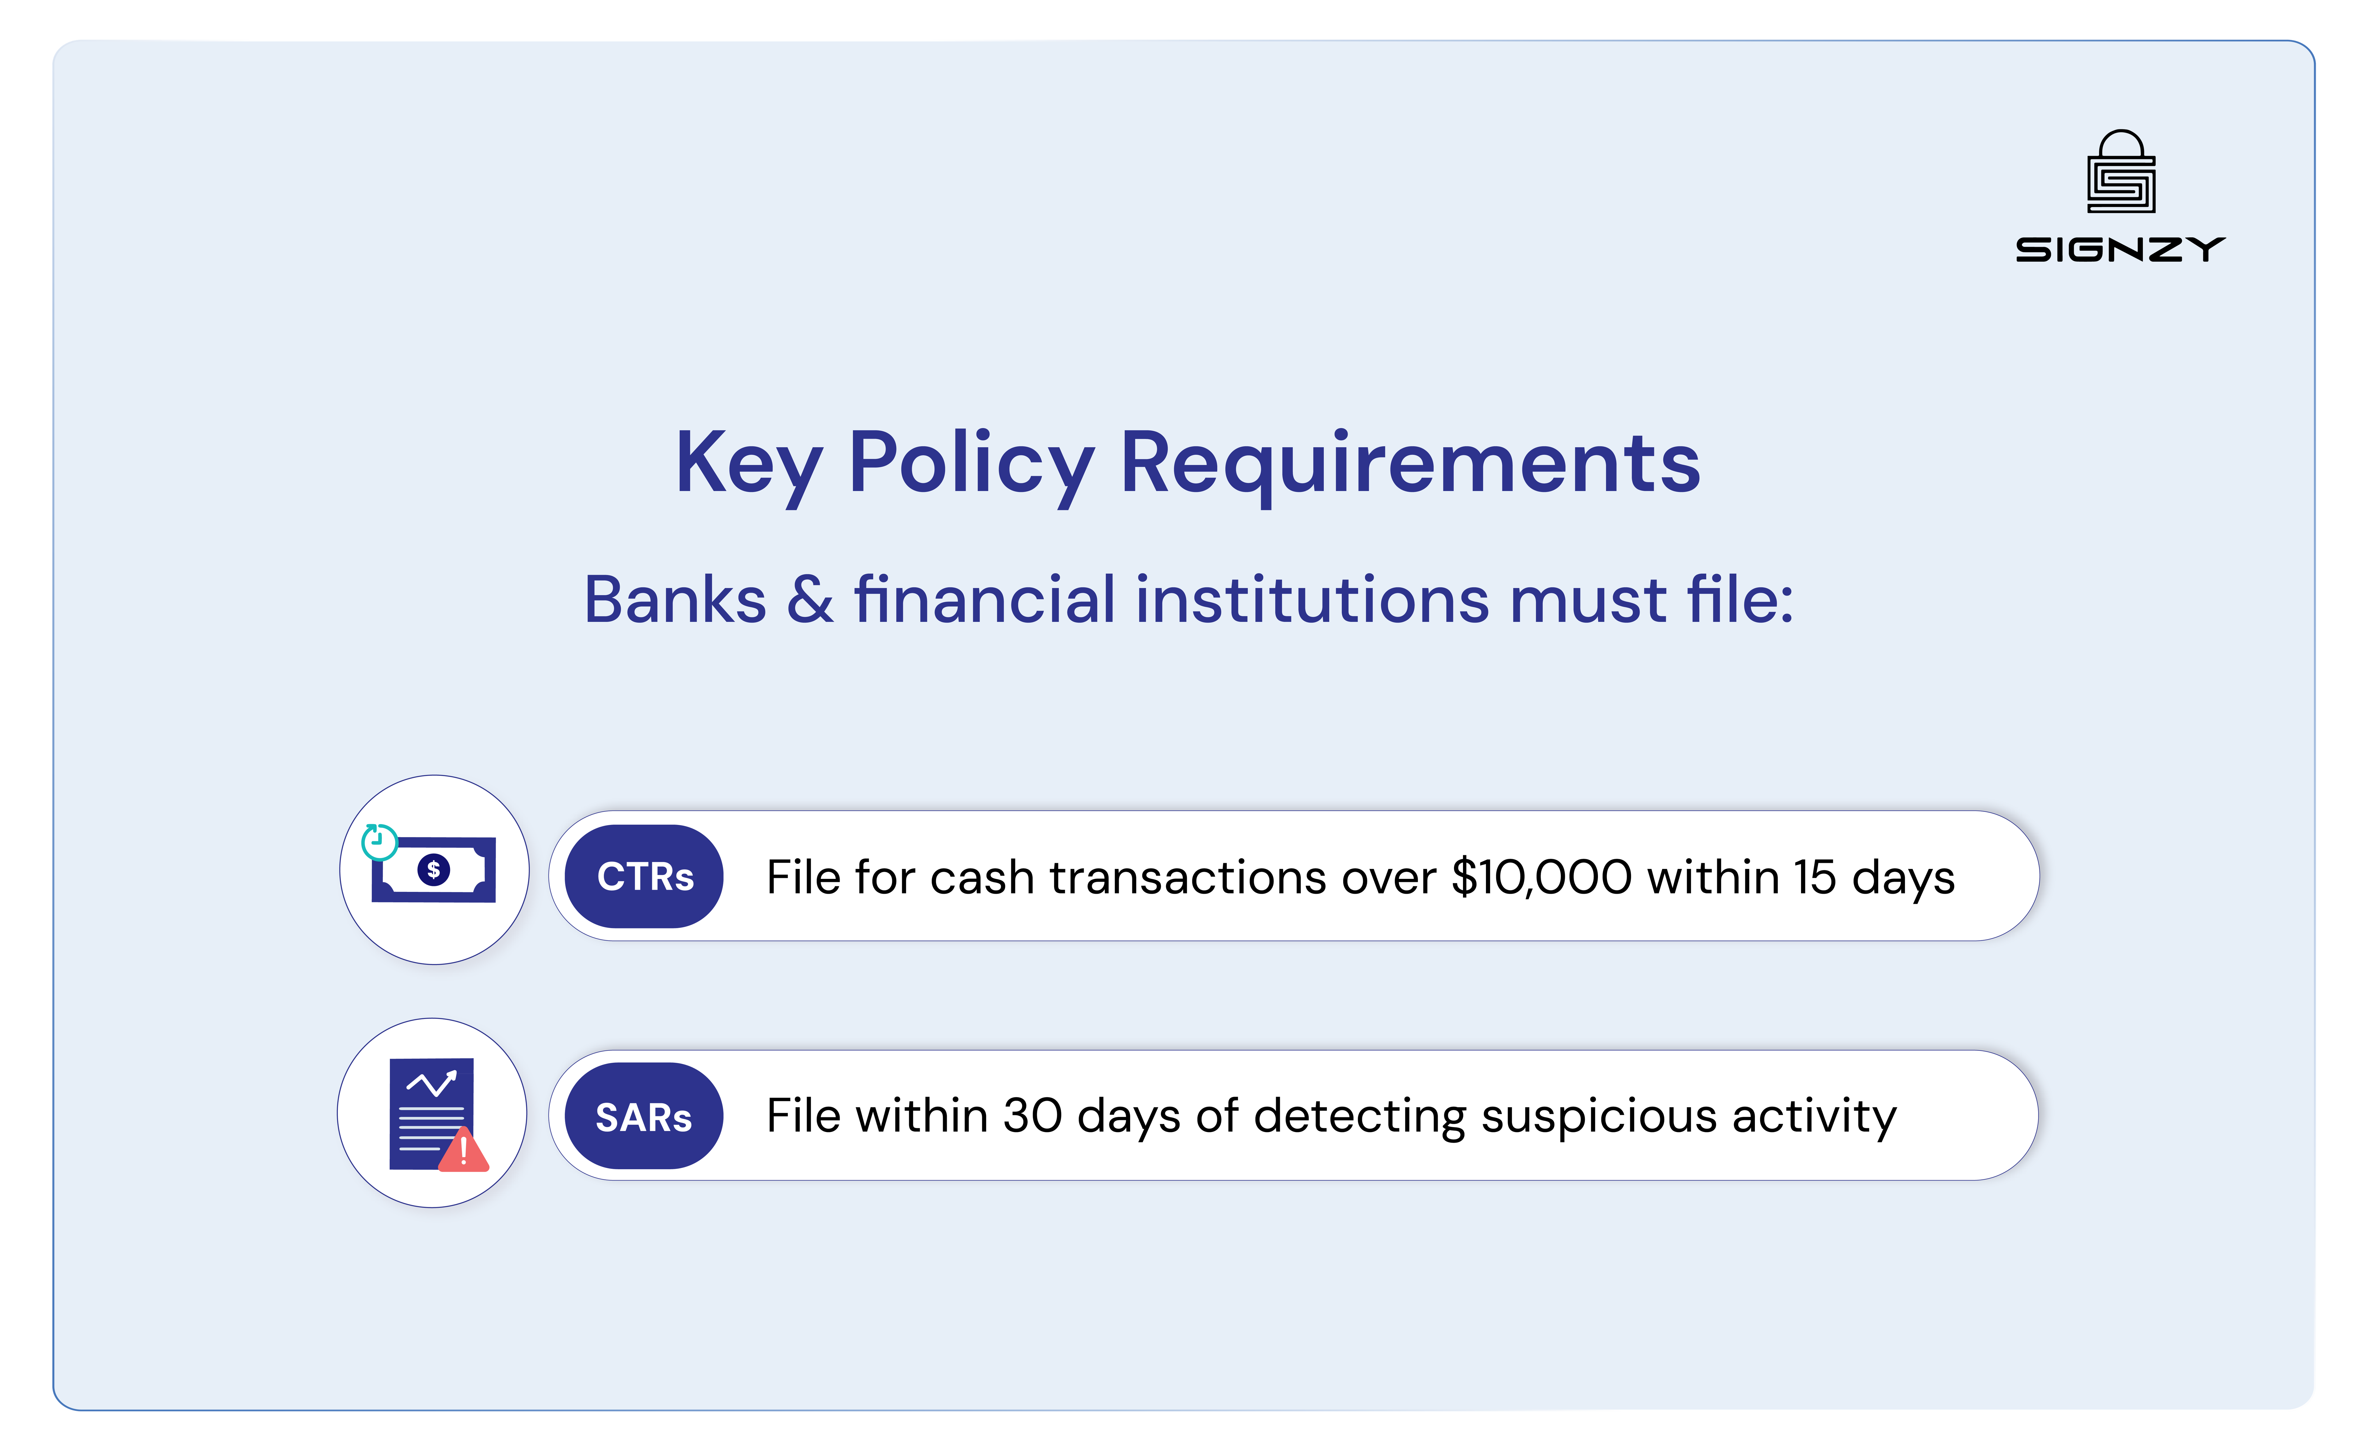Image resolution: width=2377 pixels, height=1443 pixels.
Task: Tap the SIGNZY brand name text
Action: tap(2119, 250)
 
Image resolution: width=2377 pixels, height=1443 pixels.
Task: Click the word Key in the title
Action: tap(748, 465)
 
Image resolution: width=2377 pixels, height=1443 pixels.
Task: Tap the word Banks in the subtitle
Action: tap(675, 600)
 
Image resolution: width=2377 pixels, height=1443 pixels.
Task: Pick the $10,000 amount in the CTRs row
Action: tap(1541, 878)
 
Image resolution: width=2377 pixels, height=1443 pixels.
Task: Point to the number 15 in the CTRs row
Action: tap(1814, 878)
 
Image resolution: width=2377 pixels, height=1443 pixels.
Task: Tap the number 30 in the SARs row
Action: tap(1032, 1116)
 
